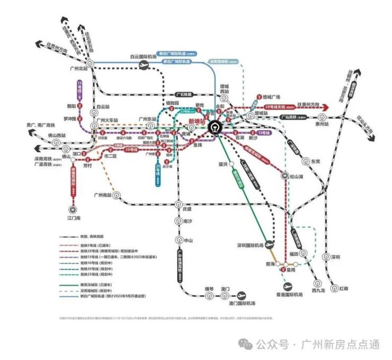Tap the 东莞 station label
coord(316,161)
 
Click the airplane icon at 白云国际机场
coord(141,65)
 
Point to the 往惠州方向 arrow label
coord(311,104)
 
